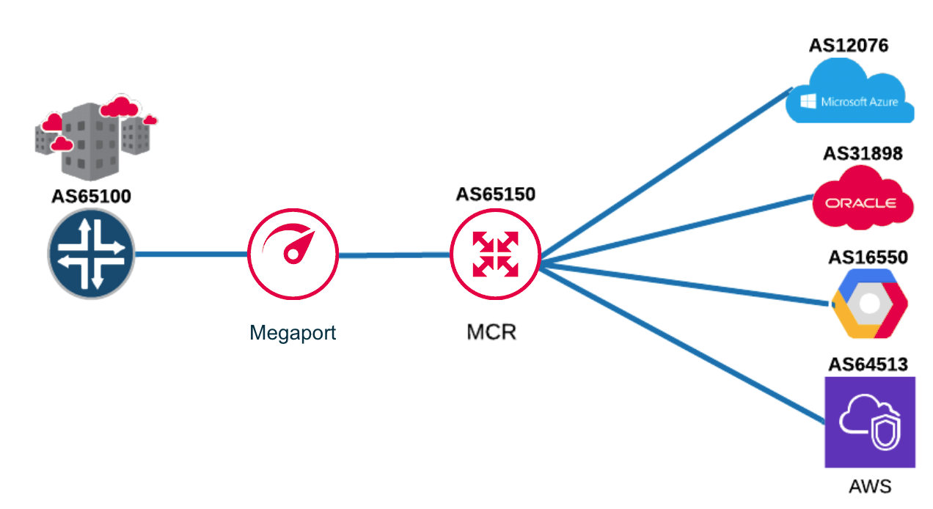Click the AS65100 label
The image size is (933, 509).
(x=92, y=197)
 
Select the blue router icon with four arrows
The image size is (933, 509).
(x=92, y=254)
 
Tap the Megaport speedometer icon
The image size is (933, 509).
(x=293, y=254)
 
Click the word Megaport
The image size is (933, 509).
(x=293, y=332)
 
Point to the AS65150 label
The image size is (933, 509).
(x=496, y=194)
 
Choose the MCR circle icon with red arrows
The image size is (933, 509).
(x=496, y=254)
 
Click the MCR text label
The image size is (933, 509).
(x=491, y=332)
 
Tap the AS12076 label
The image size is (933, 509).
(x=849, y=45)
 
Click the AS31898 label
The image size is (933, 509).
(x=863, y=154)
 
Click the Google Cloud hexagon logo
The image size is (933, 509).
(x=869, y=304)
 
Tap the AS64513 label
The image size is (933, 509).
(x=868, y=364)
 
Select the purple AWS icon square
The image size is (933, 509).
(x=870, y=422)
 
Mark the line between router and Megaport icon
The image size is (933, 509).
(x=191, y=254)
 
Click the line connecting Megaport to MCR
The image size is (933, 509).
(x=394, y=255)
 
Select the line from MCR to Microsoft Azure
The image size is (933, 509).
(x=660, y=177)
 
